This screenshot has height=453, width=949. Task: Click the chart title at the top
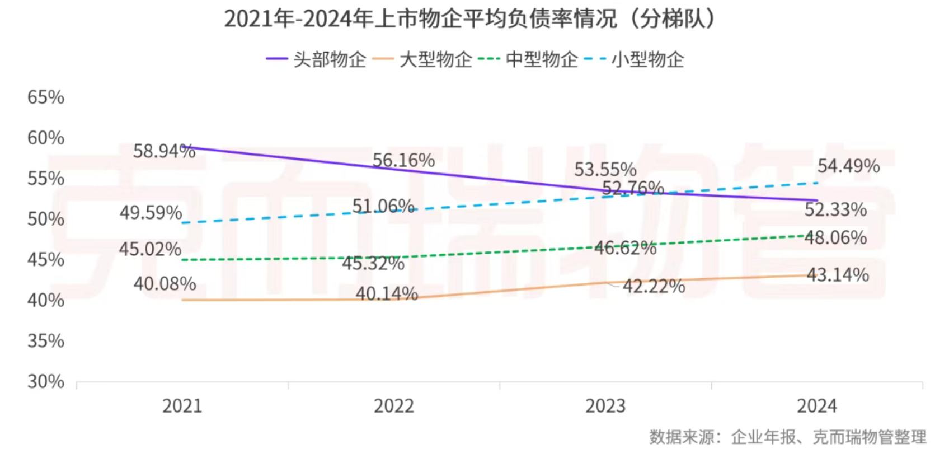tap(471, 18)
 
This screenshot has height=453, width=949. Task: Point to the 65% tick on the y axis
tap(46, 97)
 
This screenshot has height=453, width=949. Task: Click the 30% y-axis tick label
tap(46, 382)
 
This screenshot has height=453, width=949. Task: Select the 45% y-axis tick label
tap(46, 260)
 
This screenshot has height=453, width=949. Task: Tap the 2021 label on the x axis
tap(182, 406)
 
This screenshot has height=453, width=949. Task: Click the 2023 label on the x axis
tap(605, 406)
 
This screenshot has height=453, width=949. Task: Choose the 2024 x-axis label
tap(817, 406)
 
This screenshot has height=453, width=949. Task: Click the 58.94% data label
tap(164, 151)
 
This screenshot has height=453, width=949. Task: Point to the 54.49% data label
tap(848, 166)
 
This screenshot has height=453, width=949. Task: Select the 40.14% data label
tap(387, 293)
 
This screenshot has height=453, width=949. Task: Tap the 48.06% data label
tap(835, 237)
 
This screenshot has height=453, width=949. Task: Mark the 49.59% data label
tap(151, 213)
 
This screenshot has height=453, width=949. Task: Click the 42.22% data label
tap(654, 286)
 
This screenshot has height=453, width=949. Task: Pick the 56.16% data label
tap(403, 160)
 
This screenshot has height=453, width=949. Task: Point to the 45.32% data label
tap(373, 263)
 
